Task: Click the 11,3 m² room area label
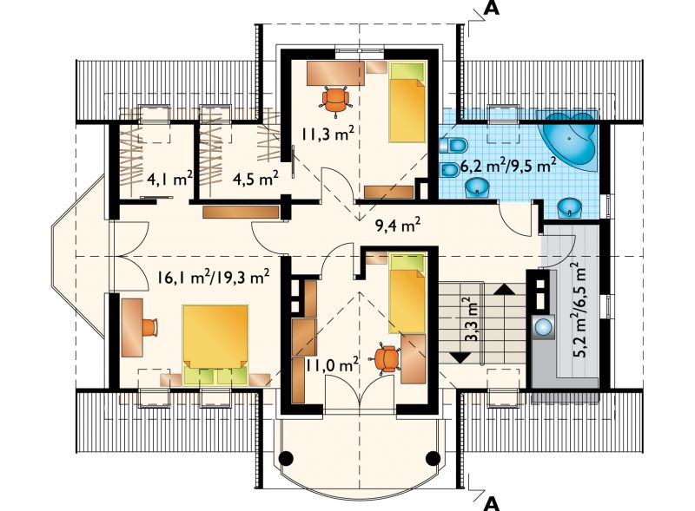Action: click(328, 133)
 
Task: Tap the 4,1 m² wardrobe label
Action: click(170, 180)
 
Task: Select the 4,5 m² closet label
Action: click(256, 180)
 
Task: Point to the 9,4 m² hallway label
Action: click(398, 226)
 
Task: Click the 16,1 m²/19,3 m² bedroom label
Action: click(213, 278)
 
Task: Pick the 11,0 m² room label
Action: click(332, 366)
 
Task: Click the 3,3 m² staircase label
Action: click(472, 318)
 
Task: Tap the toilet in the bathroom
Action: click(453, 144)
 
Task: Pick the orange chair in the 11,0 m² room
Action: click(387, 358)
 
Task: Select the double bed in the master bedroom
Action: click(215, 344)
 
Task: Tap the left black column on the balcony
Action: click(287, 457)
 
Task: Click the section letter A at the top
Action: click(491, 8)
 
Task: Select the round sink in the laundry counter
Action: click(542, 327)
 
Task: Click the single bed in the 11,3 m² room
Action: click(407, 102)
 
